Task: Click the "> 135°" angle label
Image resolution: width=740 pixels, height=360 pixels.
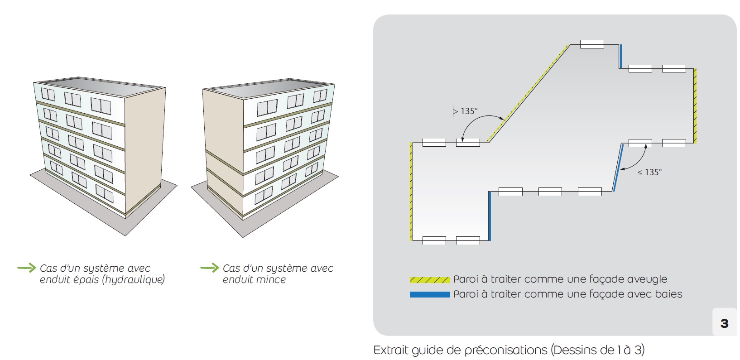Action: (x=466, y=111)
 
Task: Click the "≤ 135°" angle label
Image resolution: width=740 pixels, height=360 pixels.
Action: (x=649, y=172)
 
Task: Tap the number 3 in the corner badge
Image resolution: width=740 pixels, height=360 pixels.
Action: (x=724, y=323)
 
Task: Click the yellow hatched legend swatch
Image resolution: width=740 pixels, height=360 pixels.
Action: (x=429, y=280)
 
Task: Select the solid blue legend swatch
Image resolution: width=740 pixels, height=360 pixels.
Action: (x=429, y=295)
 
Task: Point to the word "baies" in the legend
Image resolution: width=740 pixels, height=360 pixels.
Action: (x=668, y=294)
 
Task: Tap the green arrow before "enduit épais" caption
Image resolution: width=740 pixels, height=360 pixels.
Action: (x=26, y=268)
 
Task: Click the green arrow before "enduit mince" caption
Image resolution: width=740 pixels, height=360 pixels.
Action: (x=209, y=268)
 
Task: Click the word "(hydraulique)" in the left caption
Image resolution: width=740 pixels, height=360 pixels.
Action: (x=134, y=280)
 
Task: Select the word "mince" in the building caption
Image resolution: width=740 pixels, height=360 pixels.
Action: (x=270, y=280)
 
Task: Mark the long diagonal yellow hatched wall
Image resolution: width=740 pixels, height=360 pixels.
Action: (x=529, y=92)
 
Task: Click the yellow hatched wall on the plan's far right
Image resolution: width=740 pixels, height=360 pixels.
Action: (x=695, y=106)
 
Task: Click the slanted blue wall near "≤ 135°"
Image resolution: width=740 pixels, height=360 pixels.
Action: (x=618, y=168)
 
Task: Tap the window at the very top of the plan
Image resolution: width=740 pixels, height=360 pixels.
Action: (x=592, y=44)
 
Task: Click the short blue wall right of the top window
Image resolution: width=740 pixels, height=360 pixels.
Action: (x=620, y=56)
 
